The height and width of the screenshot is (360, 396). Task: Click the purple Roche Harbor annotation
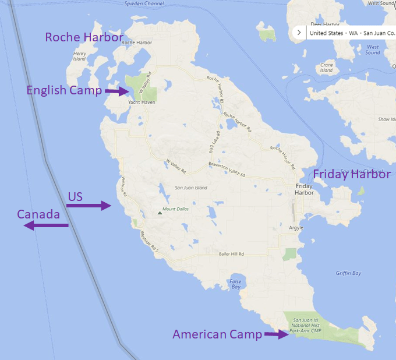[x=84, y=38]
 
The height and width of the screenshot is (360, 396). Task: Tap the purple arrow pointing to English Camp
[x=116, y=91]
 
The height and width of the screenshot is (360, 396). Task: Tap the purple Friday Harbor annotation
[x=351, y=174]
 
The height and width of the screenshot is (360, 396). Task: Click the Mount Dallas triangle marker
[x=160, y=213]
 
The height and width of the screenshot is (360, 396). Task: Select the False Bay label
[x=235, y=284]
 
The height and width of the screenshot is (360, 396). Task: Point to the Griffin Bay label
[x=348, y=273]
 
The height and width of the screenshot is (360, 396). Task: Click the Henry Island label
[x=79, y=56]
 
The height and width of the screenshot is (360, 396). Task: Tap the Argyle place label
[x=296, y=228]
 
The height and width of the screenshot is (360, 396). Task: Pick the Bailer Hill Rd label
[x=231, y=254]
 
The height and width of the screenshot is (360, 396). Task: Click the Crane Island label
[x=326, y=68]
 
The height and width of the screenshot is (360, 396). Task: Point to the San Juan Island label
[x=191, y=188]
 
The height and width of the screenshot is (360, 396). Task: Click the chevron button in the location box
[x=299, y=33]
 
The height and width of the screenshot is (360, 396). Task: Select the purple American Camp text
[x=217, y=334]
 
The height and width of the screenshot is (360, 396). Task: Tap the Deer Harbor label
[x=325, y=24]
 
